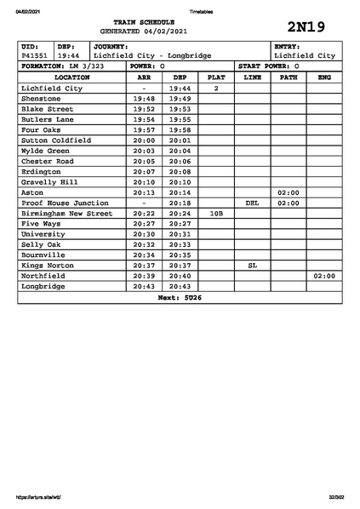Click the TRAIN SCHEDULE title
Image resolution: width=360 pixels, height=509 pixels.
tap(150, 20)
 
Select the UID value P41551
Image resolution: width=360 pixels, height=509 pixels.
tap(34, 56)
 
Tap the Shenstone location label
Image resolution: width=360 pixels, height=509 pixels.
tap(41, 99)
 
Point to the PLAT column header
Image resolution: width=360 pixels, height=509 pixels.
tap(216, 77)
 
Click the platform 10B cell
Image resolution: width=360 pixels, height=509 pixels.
tap(216, 214)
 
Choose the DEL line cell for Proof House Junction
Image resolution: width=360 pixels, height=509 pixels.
tap(252, 203)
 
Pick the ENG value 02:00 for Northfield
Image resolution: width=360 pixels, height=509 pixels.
tap(324, 277)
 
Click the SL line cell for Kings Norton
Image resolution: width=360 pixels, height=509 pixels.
tap(252, 266)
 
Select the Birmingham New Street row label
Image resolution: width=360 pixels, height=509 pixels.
tap(66, 214)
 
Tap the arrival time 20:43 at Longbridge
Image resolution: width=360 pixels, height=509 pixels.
tap(144, 287)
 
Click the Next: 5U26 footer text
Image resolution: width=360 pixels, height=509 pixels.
tap(180, 298)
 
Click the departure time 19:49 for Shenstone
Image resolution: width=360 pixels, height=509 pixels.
tap(180, 99)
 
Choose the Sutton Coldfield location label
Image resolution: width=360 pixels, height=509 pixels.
tap(56, 140)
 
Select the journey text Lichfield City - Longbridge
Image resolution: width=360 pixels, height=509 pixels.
tap(153, 56)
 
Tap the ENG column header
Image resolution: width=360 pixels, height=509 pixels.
tap(324, 77)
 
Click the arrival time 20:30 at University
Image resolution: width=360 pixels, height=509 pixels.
tap(144, 235)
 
